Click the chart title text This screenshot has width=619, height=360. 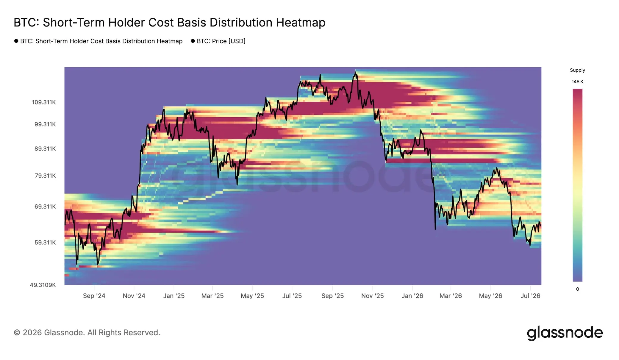170,23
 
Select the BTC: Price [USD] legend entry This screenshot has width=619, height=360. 218,41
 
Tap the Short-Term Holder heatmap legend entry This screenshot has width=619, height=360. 99,41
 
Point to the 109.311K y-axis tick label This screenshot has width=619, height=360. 44,102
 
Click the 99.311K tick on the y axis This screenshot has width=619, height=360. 45,124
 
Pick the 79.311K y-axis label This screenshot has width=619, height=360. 45,176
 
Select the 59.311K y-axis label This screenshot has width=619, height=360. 45,242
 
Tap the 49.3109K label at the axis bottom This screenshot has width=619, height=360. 43,285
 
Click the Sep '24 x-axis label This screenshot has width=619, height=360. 94,296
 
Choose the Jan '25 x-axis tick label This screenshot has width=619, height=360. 174,296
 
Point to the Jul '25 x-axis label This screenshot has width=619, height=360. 292,296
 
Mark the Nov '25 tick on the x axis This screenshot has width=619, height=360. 372,296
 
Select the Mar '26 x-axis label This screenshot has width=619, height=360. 451,296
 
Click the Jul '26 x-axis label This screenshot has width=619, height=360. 530,296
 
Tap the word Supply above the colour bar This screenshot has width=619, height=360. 577,70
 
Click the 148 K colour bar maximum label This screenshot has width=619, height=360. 577,82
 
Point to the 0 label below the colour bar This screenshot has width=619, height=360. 578,289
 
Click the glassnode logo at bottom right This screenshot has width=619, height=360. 565,333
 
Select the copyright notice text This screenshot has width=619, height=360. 87,333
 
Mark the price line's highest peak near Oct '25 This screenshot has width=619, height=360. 355,72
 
